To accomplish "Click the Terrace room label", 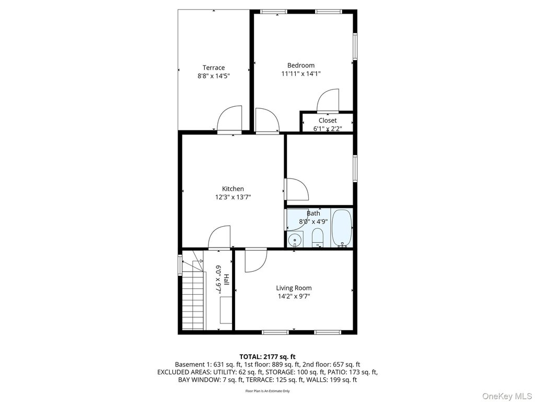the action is click(x=214, y=68).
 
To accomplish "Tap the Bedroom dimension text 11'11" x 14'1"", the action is click(x=301, y=73).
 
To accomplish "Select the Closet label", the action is click(x=328, y=120).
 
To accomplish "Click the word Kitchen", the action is click(x=233, y=188).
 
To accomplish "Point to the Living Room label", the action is click(x=294, y=288).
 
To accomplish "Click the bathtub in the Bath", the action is click(x=342, y=228).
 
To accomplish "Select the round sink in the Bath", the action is click(x=295, y=240).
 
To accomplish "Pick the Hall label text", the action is click(x=226, y=280).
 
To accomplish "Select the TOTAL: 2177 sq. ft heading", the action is click(x=267, y=357).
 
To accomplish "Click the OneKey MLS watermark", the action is click(x=507, y=396).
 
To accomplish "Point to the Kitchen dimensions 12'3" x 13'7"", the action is click(x=233, y=197).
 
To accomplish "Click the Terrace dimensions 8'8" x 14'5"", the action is click(x=214, y=76).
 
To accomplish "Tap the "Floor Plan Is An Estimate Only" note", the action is click(x=267, y=390).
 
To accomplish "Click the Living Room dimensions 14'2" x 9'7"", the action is click(x=294, y=296).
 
